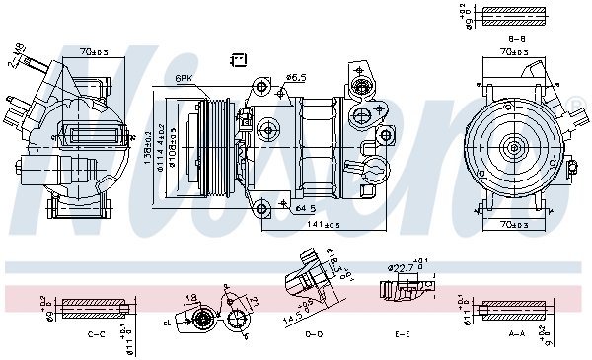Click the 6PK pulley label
point(185,78)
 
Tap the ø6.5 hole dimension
point(297,76)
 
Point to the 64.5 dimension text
point(305,208)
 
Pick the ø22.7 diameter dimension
point(401,266)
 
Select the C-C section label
point(96,334)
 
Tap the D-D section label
point(314,334)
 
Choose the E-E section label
point(403,334)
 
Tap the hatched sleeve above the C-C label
point(96,308)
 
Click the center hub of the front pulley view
point(513,148)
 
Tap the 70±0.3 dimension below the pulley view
point(511,225)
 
